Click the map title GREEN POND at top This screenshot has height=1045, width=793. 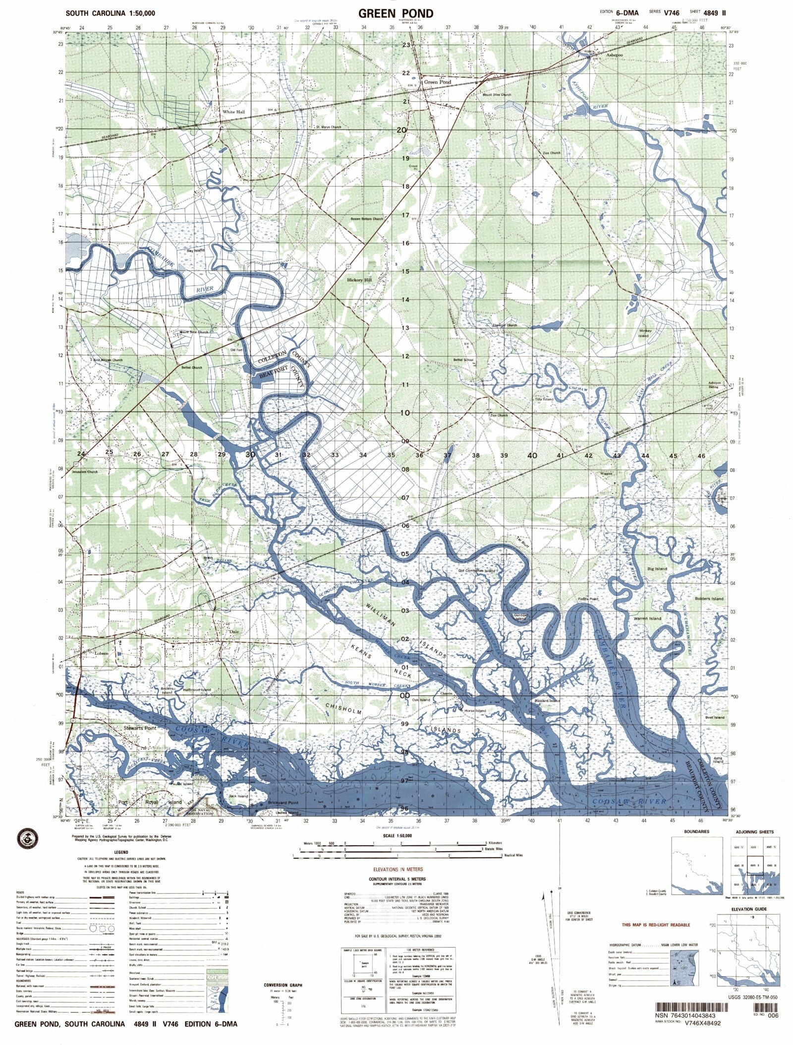tap(396, 13)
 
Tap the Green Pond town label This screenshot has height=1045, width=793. tap(438, 82)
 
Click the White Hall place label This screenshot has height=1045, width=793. tap(233, 112)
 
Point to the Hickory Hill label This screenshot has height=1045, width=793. tap(359, 280)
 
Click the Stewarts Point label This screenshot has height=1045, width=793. tap(140, 728)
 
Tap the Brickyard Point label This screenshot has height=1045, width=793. tap(283, 802)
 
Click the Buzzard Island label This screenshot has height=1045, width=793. tap(547, 701)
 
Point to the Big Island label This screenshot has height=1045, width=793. tap(657, 569)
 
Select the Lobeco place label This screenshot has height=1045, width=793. tap(102, 654)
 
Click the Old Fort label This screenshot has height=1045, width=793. tap(236, 350)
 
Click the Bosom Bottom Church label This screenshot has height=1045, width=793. tap(367, 219)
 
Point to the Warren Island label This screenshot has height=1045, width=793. tap(647, 618)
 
